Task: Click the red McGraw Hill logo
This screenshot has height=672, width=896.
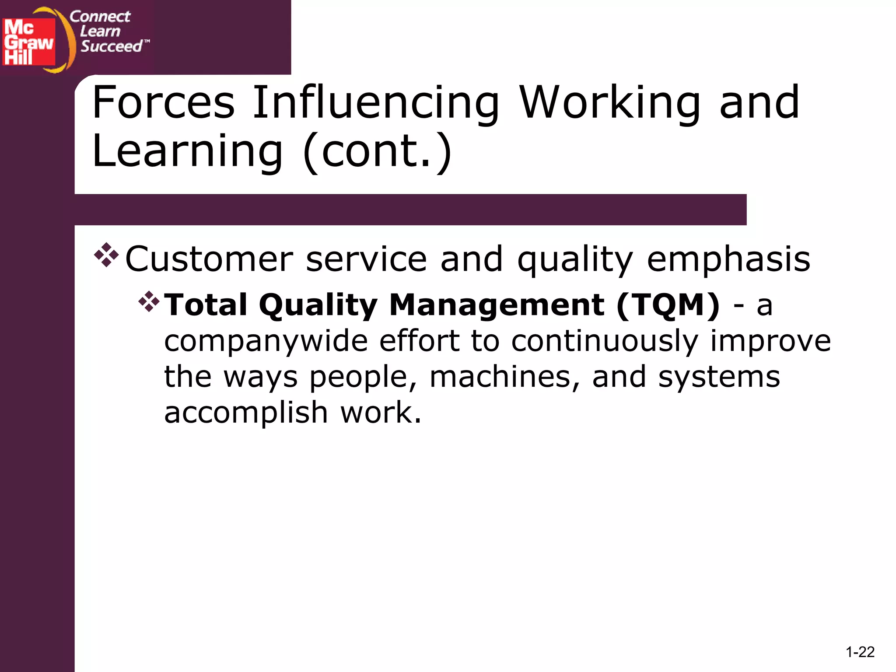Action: click(29, 42)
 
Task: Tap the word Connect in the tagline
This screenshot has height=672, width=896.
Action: click(100, 17)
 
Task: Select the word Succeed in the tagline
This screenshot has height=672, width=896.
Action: click(112, 46)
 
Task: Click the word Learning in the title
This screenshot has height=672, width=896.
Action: click(188, 151)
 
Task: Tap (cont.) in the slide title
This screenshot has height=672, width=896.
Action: click(377, 151)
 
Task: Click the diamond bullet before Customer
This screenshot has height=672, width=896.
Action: click(106, 255)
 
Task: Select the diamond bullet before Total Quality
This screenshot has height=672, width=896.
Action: click(149, 301)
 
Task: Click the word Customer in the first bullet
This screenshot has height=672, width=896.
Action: click(209, 259)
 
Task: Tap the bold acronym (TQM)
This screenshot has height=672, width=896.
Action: click(668, 304)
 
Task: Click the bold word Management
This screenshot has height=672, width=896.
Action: click(497, 304)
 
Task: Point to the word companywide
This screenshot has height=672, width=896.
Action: click(266, 341)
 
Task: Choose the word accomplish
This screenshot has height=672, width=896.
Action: click(246, 413)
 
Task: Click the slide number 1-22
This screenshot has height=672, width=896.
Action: click(860, 652)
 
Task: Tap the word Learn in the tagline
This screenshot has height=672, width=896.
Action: click(100, 31)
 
